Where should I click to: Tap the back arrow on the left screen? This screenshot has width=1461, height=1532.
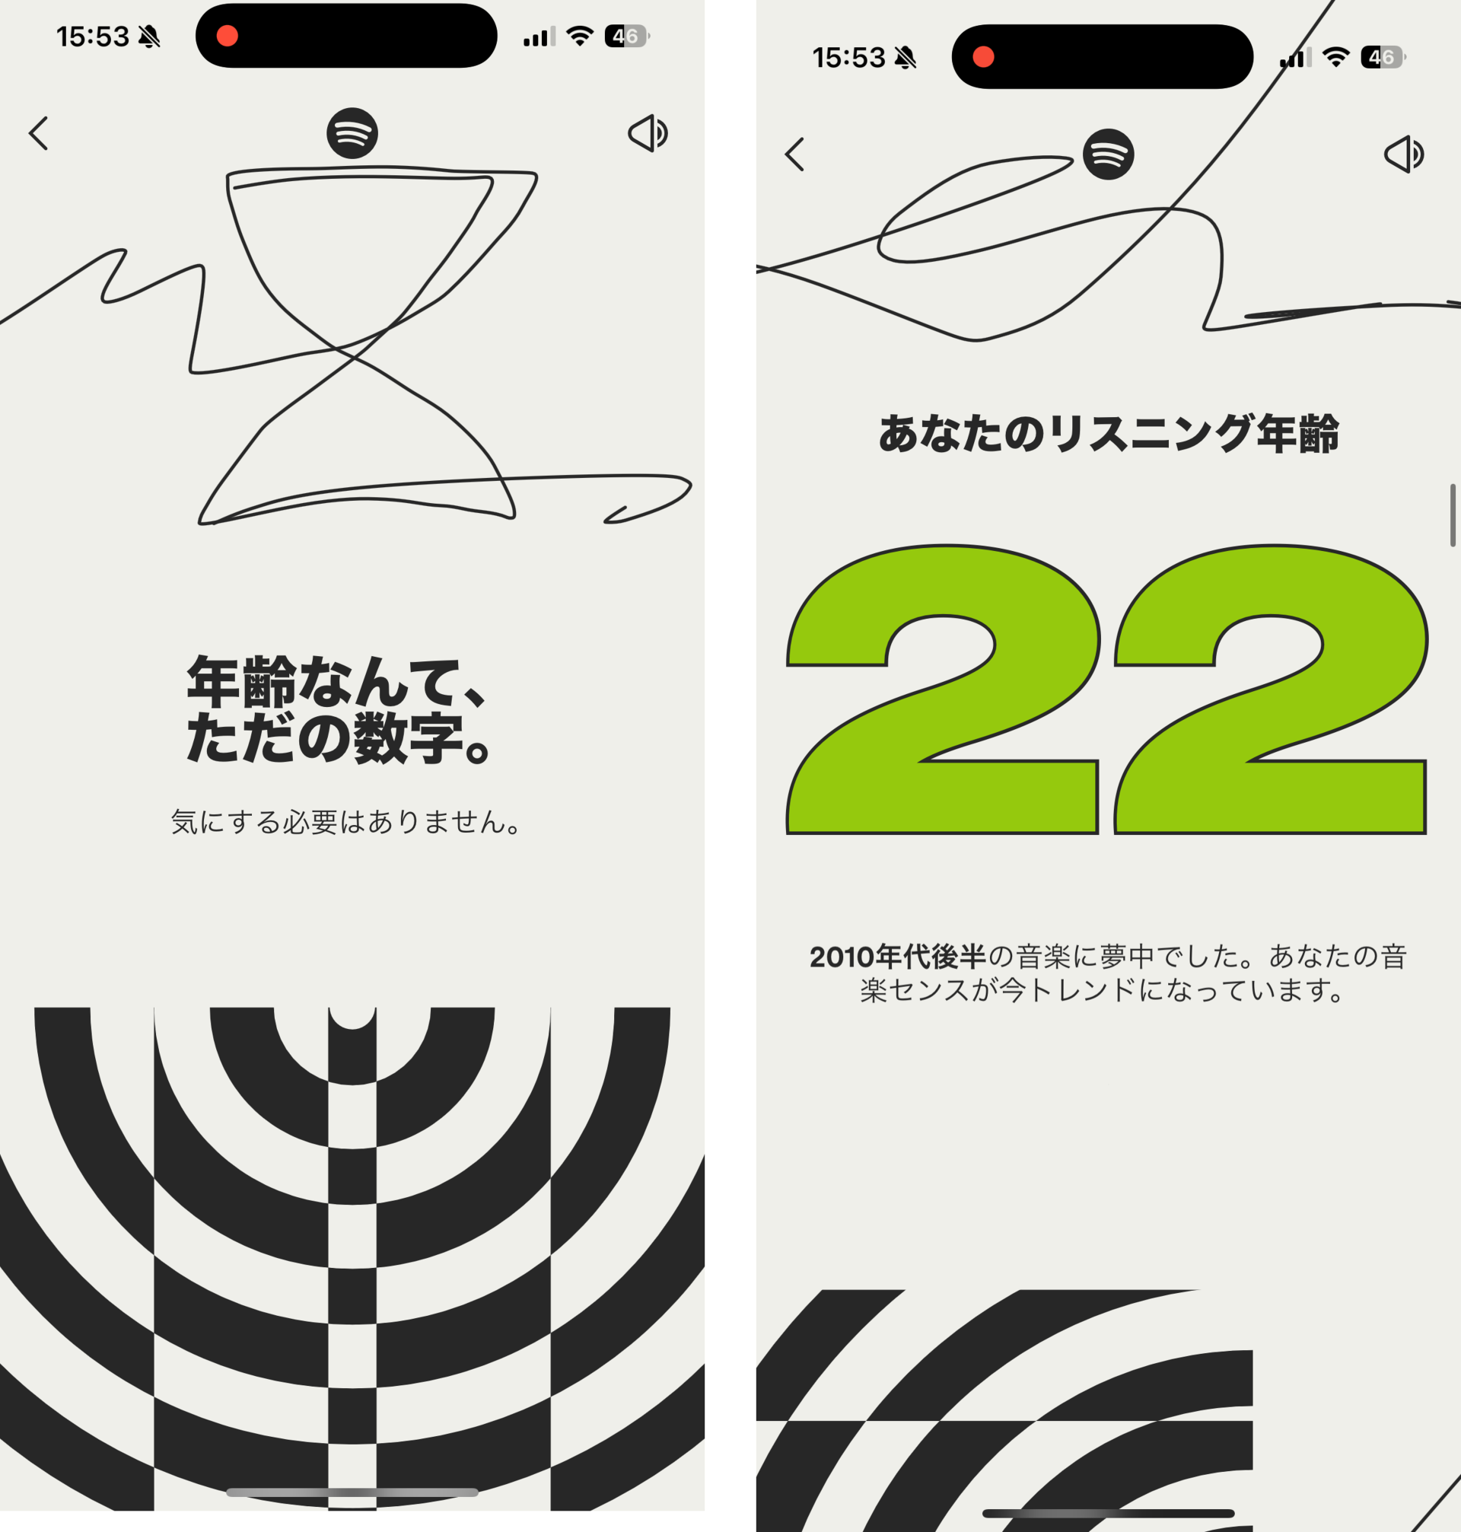[39, 133]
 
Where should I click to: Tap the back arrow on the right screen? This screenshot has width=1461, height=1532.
[794, 154]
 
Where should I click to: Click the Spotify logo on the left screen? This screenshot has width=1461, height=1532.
[352, 133]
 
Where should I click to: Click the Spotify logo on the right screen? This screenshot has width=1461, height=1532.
[1108, 154]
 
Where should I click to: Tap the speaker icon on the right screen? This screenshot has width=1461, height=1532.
[1404, 154]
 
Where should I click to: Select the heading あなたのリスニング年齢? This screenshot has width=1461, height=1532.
[1108, 434]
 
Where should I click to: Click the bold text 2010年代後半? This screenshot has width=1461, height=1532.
[897, 957]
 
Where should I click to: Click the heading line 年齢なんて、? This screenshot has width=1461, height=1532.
[336, 682]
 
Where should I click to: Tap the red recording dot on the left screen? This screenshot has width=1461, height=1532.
[228, 36]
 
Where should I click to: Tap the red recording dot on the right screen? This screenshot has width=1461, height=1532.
[984, 57]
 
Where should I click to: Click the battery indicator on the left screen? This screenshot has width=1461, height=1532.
[626, 36]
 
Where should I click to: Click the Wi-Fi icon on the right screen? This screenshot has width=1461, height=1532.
[1336, 57]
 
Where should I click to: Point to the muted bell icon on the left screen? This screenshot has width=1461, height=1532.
[148, 37]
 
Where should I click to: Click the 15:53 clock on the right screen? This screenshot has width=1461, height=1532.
[849, 58]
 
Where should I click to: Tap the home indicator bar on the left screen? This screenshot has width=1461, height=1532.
[352, 1492]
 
